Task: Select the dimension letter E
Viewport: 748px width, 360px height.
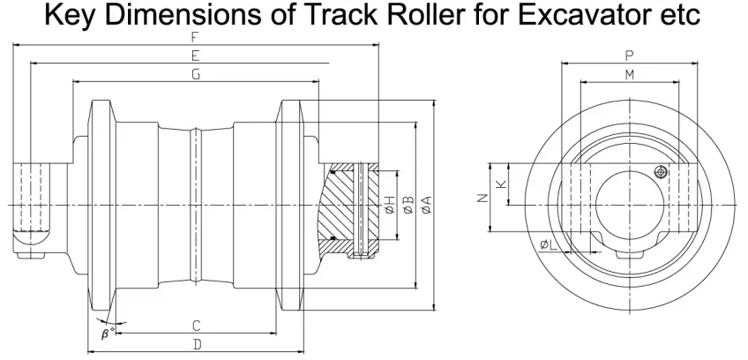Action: click(195, 56)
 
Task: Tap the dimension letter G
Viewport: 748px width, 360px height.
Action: click(196, 74)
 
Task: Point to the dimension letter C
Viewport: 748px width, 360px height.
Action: click(196, 326)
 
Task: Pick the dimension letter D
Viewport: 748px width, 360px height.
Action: click(197, 344)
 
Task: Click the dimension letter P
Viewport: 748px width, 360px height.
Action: click(629, 56)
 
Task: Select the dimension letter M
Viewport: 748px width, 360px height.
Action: click(630, 75)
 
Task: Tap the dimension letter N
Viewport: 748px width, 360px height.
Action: click(482, 199)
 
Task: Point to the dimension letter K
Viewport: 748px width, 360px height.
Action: click(501, 184)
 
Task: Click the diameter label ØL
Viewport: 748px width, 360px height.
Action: click(548, 245)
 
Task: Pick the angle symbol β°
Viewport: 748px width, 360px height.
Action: click(108, 334)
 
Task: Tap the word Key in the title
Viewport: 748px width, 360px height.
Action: click(72, 16)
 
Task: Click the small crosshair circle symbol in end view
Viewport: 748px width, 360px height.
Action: click(661, 171)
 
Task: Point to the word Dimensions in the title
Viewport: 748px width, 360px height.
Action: click(184, 15)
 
